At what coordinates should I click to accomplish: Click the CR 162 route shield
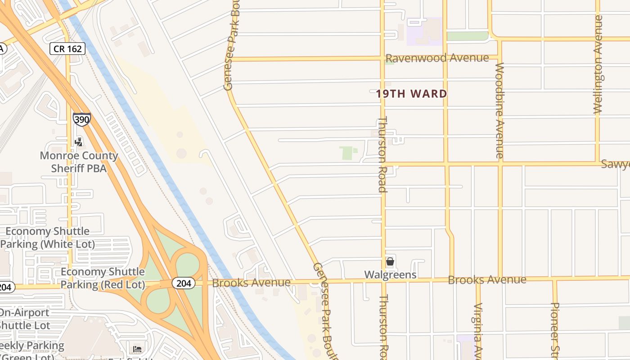click(x=67, y=49)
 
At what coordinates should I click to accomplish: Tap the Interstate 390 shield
click(x=81, y=119)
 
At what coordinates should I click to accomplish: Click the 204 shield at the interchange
click(x=183, y=283)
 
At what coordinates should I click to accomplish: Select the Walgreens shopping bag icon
click(x=390, y=261)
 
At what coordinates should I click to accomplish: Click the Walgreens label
click(x=390, y=274)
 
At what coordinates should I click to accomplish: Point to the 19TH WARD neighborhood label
click(x=411, y=94)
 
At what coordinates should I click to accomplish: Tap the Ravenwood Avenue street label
click(x=437, y=58)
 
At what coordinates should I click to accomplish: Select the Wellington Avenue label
click(x=598, y=64)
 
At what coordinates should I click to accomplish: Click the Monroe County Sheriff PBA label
click(x=79, y=162)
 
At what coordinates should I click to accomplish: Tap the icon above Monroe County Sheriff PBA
click(x=79, y=142)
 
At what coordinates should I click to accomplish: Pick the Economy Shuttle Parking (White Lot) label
click(x=48, y=238)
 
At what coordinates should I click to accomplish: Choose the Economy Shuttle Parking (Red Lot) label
click(x=103, y=278)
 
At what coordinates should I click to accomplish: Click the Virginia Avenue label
click(x=478, y=331)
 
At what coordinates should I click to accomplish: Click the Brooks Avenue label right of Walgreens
click(x=487, y=280)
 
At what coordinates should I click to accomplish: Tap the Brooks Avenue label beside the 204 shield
click(x=251, y=283)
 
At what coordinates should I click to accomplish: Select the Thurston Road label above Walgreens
click(x=382, y=154)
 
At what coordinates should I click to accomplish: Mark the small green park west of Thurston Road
click(x=347, y=153)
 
